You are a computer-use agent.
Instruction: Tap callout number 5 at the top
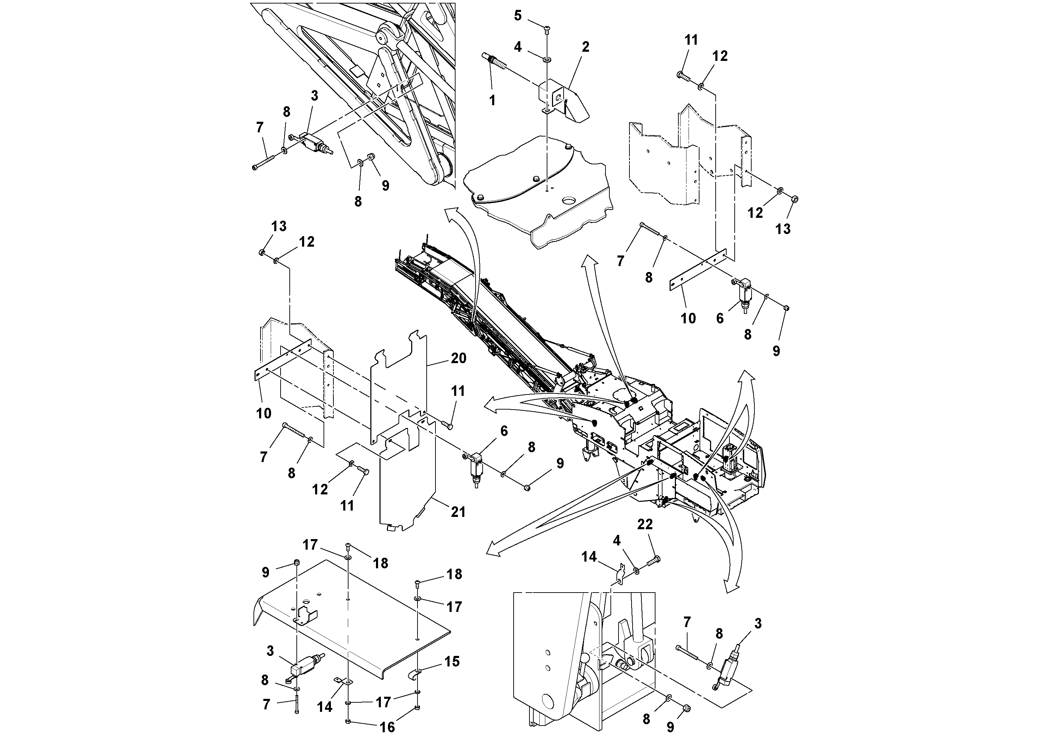point(517,15)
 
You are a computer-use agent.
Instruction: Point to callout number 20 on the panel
point(458,358)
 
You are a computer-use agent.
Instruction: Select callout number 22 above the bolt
point(645,525)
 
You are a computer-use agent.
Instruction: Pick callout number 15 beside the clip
point(452,662)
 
